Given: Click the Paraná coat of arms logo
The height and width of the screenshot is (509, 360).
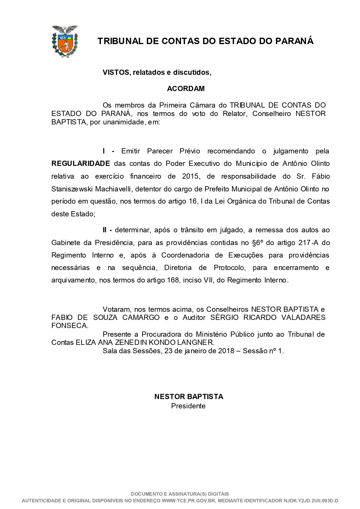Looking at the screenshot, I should (x=65, y=41).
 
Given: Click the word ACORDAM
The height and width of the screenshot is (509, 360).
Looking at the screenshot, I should (x=186, y=89).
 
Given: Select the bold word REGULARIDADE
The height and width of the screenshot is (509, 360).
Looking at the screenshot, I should (x=81, y=164).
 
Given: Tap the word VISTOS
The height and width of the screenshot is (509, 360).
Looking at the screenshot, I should (x=115, y=73).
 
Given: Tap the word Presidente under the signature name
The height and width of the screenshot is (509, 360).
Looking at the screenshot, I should (x=188, y=406).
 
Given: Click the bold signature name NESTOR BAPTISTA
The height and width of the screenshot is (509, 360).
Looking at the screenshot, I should (x=189, y=396).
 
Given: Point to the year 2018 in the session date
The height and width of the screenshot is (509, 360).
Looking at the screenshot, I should (x=226, y=351).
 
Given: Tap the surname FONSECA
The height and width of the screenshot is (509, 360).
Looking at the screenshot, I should (x=69, y=326).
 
